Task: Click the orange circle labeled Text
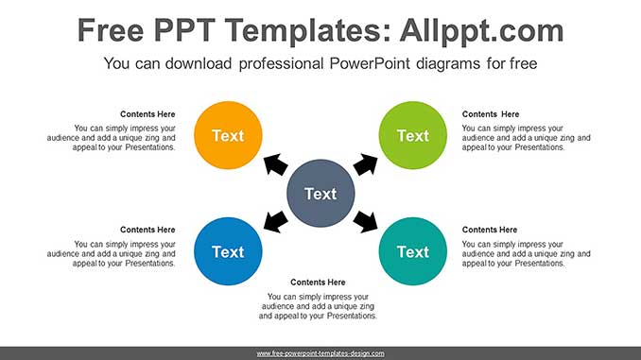pos(228,135)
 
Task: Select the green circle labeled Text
pos(412,135)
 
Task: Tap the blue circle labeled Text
pos(228,251)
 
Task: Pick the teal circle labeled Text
pos(412,251)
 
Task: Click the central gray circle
pos(320,194)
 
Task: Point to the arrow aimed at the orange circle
pos(274,165)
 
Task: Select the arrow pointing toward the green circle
pos(366,164)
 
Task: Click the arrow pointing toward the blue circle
pos(274,222)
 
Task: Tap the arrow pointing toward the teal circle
pos(366,222)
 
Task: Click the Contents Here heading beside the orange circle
pos(147,114)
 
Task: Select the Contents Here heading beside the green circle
pos(491,114)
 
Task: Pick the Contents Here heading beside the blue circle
pos(147,230)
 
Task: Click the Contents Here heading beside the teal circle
pos(490,230)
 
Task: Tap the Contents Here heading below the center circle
pos(318,283)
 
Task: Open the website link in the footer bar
pos(320,353)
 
